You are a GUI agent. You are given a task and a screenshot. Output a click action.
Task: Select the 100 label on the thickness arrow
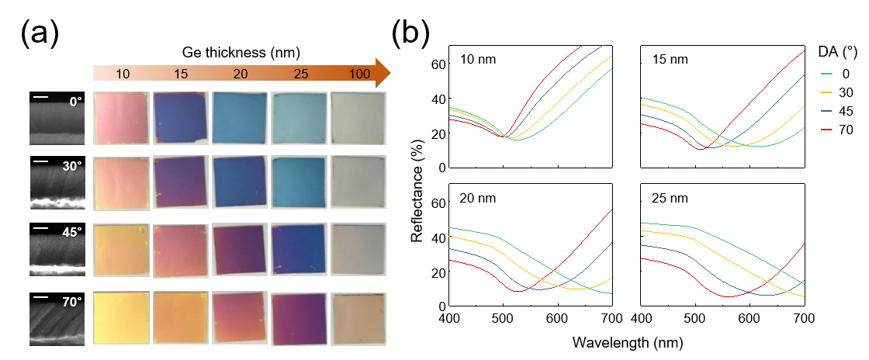[x=359, y=74]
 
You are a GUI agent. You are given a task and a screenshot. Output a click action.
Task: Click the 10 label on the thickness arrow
[x=123, y=74]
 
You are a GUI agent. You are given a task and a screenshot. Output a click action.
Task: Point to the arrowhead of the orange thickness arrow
[x=380, y=73]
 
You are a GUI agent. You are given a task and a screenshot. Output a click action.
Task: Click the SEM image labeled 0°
[x=57, y=117]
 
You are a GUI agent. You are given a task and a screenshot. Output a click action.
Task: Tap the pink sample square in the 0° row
[x=119, y=117]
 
